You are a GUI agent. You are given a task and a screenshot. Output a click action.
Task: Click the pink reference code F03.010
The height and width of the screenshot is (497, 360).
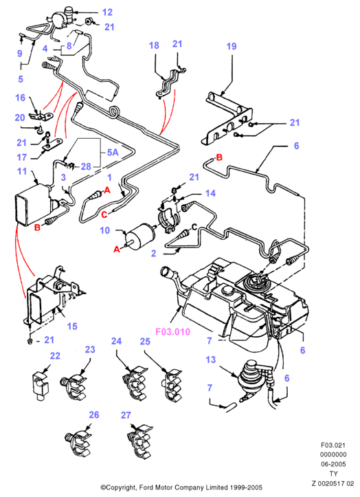tap(172, 332)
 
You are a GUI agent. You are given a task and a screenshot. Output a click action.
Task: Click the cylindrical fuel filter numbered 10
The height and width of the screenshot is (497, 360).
tap(140, 236)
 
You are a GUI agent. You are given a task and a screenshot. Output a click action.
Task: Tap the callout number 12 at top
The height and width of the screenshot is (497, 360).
tap(107, 12)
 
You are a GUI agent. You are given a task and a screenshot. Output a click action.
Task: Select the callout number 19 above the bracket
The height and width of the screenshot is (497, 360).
tap(232, 46)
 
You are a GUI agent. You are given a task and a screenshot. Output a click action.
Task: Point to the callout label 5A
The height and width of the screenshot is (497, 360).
tap(113, 153)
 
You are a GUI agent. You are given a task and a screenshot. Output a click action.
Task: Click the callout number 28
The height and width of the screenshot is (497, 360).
tap(86, 166)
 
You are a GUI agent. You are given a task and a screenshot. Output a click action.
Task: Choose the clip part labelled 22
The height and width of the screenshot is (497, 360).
tap(41, 386)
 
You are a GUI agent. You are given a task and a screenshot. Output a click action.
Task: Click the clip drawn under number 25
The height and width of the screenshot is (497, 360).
tap(172, 384)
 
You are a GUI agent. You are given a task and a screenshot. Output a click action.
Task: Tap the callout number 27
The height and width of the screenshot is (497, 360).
tap(126, 415)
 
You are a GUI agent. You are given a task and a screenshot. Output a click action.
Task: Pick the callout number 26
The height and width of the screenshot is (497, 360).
tap(94, 415)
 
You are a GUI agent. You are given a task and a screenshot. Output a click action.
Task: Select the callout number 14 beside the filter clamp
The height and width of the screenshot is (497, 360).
tap(210, 193)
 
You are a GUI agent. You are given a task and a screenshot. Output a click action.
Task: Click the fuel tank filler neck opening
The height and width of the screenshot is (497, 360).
tap(167, 273)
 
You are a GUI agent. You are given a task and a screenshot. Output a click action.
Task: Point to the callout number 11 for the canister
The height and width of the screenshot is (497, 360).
tap(22, 171)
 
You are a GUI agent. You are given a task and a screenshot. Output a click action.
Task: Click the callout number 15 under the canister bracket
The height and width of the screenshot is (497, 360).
tap(72, 326)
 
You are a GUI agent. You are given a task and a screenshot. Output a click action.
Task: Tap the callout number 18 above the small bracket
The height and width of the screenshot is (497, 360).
tap(154, 45)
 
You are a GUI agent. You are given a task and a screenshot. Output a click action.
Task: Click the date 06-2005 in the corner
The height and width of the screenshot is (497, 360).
tap(333, 464)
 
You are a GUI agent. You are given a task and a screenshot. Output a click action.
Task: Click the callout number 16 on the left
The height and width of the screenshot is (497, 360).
tap(21, 98)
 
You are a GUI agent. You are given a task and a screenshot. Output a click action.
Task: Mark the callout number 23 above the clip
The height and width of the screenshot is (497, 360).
tap(90, 349)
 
